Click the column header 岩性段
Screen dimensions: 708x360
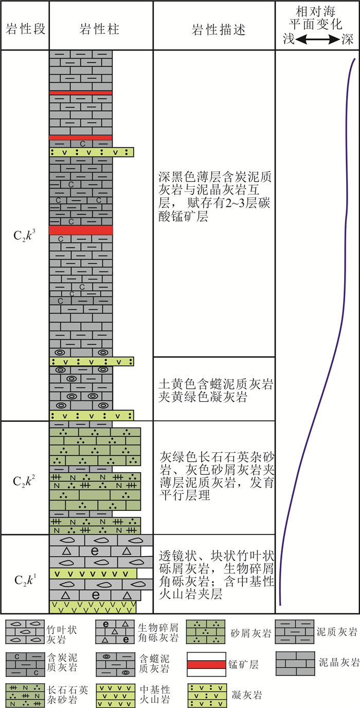(x=24, y=29)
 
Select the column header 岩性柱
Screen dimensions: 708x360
(x=101, y=29)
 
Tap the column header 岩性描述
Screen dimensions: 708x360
(x=213, y=29)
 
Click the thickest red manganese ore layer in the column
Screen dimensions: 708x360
(x=81, y=231)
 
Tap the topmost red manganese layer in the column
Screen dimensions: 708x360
(x=81, y=93)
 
